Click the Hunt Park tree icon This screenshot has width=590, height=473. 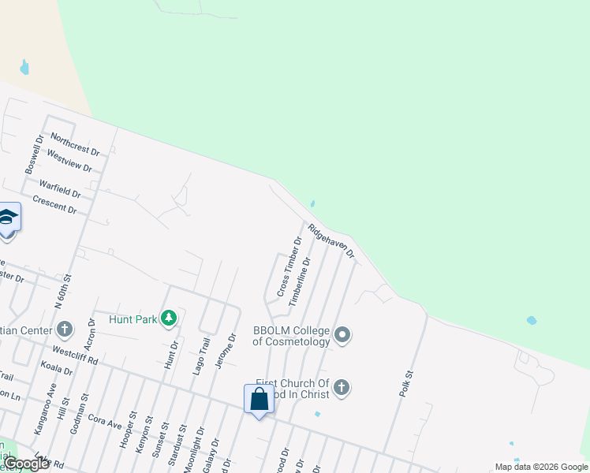[x=168, y=318]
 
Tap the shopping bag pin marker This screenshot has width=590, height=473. [x=259, y=400]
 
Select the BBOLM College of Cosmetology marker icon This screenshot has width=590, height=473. [x=342, y=335]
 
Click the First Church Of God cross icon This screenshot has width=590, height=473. [x=342, y=387]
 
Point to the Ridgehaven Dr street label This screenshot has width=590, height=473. [x=332, y=242]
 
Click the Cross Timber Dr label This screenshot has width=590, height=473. [x=289, y=268]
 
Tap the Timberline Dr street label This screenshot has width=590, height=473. [x=300, y=281]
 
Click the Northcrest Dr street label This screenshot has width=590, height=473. [x=75, y=144]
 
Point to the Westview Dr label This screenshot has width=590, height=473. [x=69, y=162]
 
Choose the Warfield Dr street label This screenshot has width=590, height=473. [x=62, y=188]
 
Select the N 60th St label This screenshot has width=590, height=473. [x=63, y=289]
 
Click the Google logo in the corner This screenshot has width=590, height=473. [x=26, y=464]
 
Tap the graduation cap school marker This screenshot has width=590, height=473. [x=8, y=217]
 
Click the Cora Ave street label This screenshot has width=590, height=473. [x=105, y=422]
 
